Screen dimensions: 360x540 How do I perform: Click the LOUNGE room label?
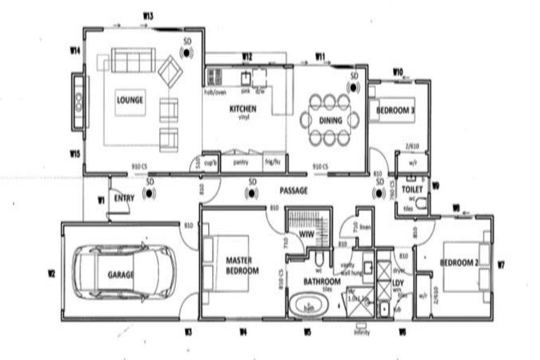[130, 100]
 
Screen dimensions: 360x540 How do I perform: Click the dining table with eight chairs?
[330, 120]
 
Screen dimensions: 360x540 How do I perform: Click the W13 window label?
[148, 15]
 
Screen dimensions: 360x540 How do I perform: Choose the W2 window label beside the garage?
[51, 273]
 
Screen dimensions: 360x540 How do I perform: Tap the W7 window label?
[501, 265]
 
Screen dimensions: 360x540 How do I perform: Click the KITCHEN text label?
[243, 109]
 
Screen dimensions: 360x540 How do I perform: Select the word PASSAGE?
[294, 191]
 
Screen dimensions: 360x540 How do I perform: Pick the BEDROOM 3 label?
[395, 111]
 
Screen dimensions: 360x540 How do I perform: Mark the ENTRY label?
[123, 198]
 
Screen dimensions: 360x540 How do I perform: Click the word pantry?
[241, 162]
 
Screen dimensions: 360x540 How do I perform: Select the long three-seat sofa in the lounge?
[133, 60]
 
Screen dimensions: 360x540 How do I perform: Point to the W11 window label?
[321, 56]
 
